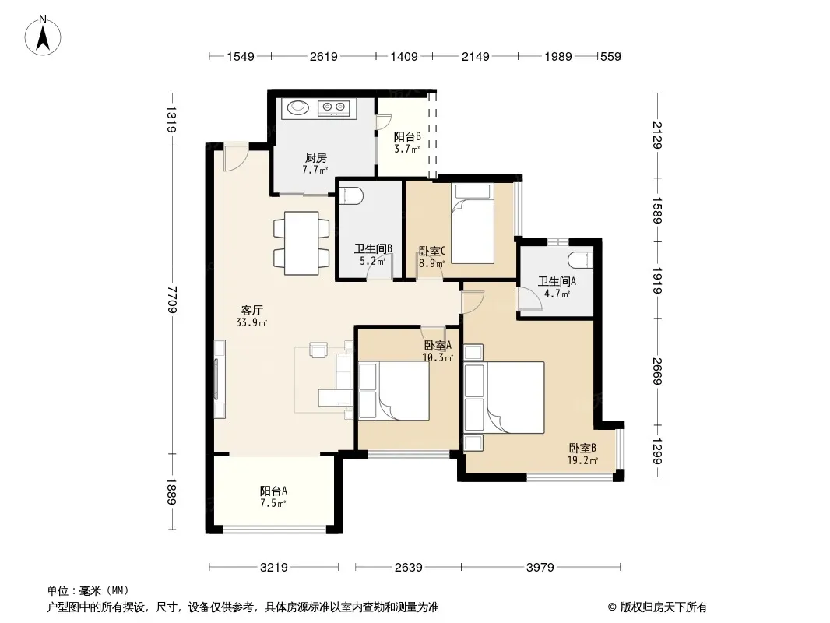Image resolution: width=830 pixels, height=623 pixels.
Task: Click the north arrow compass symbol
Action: pos(43,36)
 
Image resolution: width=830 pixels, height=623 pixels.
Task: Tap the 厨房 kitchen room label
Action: pos(316,158)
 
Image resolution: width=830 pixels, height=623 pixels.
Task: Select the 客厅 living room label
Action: pos(252,310)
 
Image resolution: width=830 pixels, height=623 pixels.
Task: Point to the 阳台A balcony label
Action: pos(273,491)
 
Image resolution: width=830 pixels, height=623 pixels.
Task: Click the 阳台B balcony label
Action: pos(407,136)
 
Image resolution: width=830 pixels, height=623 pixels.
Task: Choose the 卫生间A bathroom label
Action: pos(557,282)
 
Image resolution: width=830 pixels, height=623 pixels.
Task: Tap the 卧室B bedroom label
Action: pos(582,449)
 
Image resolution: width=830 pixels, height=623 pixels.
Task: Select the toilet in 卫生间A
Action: pos(580,260)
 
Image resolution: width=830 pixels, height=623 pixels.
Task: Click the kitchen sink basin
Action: pos(297,107)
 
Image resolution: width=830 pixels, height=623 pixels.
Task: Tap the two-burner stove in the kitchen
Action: pos(334,108)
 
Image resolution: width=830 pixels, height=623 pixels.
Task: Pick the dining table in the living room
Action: pos(301,243)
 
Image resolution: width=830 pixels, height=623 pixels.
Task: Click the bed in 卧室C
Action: pos(473,224)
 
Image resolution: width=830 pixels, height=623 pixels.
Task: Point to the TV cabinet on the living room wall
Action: pos(219,379)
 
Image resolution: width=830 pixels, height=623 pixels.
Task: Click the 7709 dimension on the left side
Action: pos(172,299)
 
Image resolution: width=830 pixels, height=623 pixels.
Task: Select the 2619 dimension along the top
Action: pos(323,56)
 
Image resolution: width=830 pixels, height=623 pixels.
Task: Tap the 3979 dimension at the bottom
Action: pos(540,568)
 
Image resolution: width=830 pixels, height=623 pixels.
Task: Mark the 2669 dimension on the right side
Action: pos(657,371)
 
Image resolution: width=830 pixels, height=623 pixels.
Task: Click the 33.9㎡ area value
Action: pos(252,322)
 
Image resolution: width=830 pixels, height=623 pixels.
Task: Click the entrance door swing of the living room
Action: pos(236,158)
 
